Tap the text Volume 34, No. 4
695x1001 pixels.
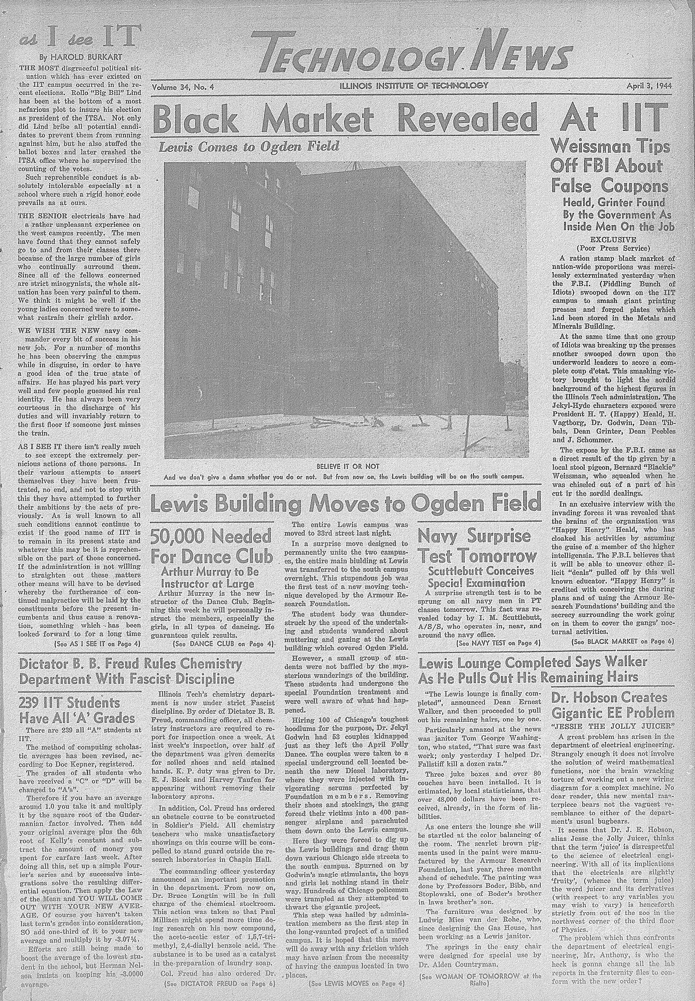pos(183,87)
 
